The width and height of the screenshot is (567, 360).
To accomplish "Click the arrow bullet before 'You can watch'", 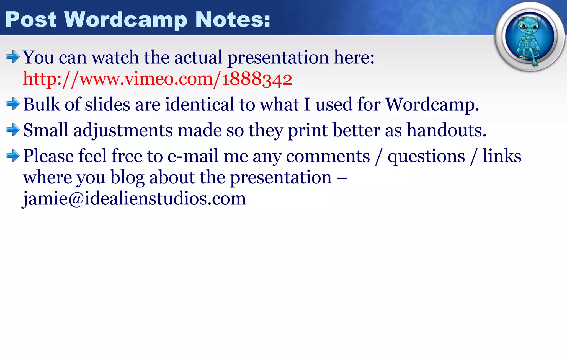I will tap(13, 57).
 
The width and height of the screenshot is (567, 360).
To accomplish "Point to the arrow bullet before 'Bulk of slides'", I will tap(13, 104).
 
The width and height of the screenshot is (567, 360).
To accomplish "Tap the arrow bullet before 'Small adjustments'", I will tap(13, 130).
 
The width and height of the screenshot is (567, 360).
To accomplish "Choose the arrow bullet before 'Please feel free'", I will tap(13, 156).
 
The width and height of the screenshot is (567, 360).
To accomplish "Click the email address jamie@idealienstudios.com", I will tap(134, 198).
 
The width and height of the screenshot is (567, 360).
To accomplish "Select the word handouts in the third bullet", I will tap(446, 130).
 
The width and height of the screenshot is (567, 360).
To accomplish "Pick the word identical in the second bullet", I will tap(200, 105).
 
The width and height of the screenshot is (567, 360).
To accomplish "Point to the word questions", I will tap(426, 156).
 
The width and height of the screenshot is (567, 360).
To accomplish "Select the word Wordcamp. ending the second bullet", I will tap(432, 105).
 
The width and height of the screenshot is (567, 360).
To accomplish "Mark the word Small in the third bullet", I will tap(45, 130).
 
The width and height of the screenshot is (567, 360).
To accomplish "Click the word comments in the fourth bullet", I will tap(328, 156).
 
